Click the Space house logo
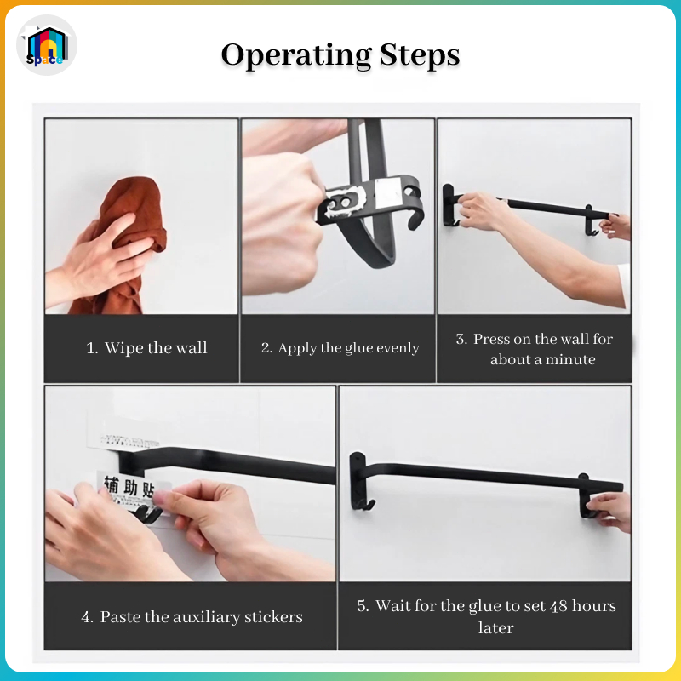tap(47, 45)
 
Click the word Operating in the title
tap(295, 56)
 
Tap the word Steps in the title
tap(420, 56)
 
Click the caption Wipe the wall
tap(156, 348)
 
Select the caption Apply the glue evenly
tap(348, 348)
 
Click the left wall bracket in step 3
tap(449, 205)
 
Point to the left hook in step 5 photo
tap(361, 504)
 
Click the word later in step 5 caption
tap(496, 628)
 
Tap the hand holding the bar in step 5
tap(610, 510)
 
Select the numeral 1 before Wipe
tap(90, 348)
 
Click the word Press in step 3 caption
tap(495, 339)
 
